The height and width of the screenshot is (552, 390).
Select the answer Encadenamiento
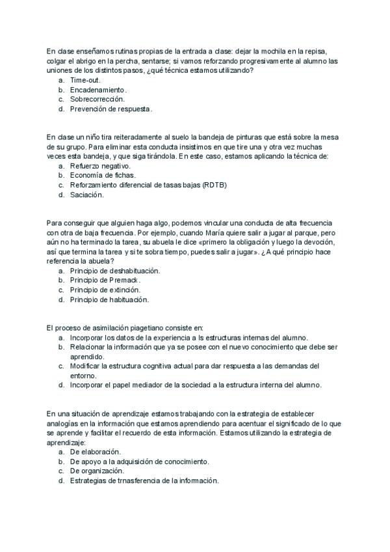pos(98,89)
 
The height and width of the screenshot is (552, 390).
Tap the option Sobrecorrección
pos(97,99)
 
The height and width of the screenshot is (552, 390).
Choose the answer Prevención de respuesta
pos(111,109)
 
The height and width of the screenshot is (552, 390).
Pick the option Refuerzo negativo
pos(100,166)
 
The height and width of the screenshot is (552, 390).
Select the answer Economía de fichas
pos(103,175)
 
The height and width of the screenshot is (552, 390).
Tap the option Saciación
pos(86,195)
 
